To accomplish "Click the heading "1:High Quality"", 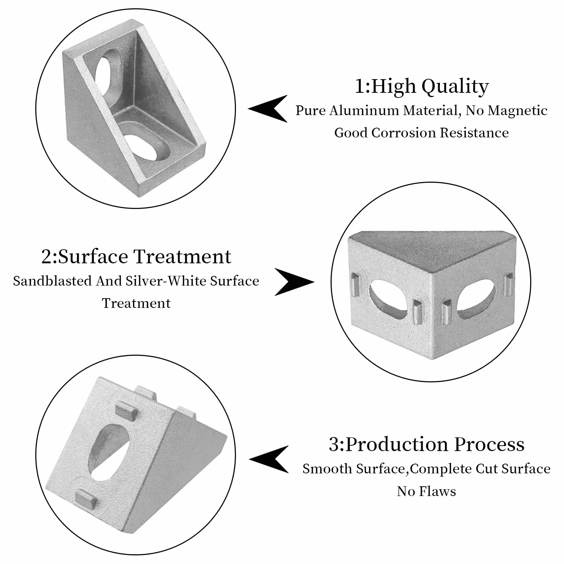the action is point(422,87).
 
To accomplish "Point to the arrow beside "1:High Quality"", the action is point(268,109).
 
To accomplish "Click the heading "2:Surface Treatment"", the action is point(136,257).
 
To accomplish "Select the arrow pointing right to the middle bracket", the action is point(294,282).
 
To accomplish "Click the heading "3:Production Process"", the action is point(427,445).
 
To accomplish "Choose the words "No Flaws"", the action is point(426,491).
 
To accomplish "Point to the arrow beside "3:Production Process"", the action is point(269,459).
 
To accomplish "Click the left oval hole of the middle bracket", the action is point(388,297).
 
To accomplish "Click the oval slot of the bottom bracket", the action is point(109,451).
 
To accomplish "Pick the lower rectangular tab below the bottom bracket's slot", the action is point(87,498).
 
